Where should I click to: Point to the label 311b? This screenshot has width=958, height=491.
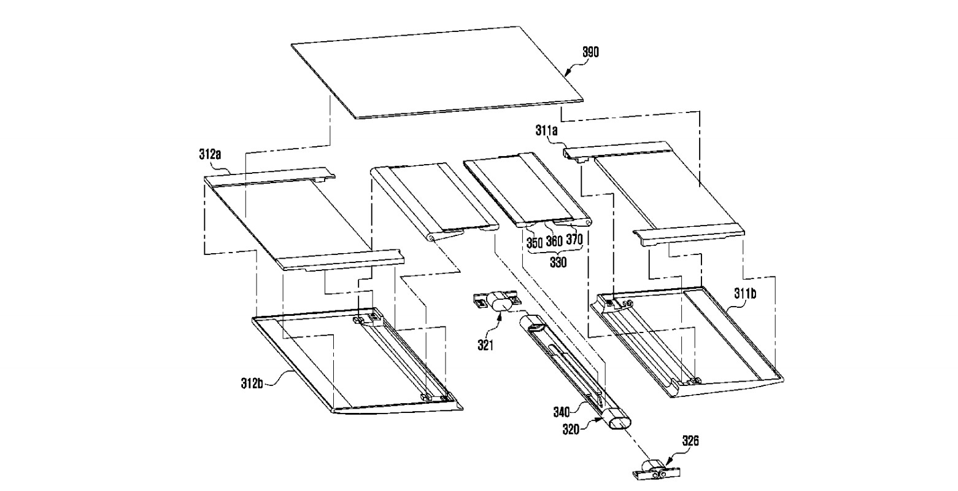[745, 293]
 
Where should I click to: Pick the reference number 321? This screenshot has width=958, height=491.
[485, 345]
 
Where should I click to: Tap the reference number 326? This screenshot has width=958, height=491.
[689, 441]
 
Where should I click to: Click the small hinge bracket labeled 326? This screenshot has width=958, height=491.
[655, 470]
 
